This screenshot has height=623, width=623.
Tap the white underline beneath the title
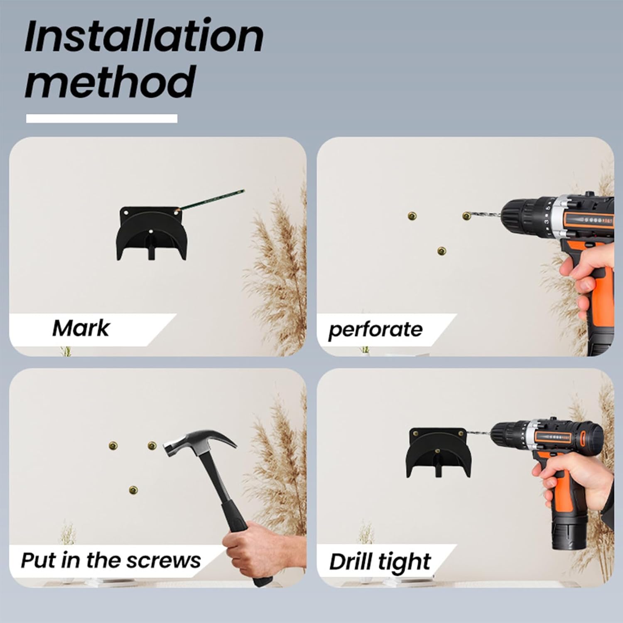click(x=102, y=119)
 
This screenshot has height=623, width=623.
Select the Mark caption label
click(x=81, y=329)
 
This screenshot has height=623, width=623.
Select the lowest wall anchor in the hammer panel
click(x=133, y=490)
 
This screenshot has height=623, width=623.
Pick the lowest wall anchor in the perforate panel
click(x=441, y=251)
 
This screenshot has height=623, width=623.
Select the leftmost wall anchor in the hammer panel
click(x=113, y=446)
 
